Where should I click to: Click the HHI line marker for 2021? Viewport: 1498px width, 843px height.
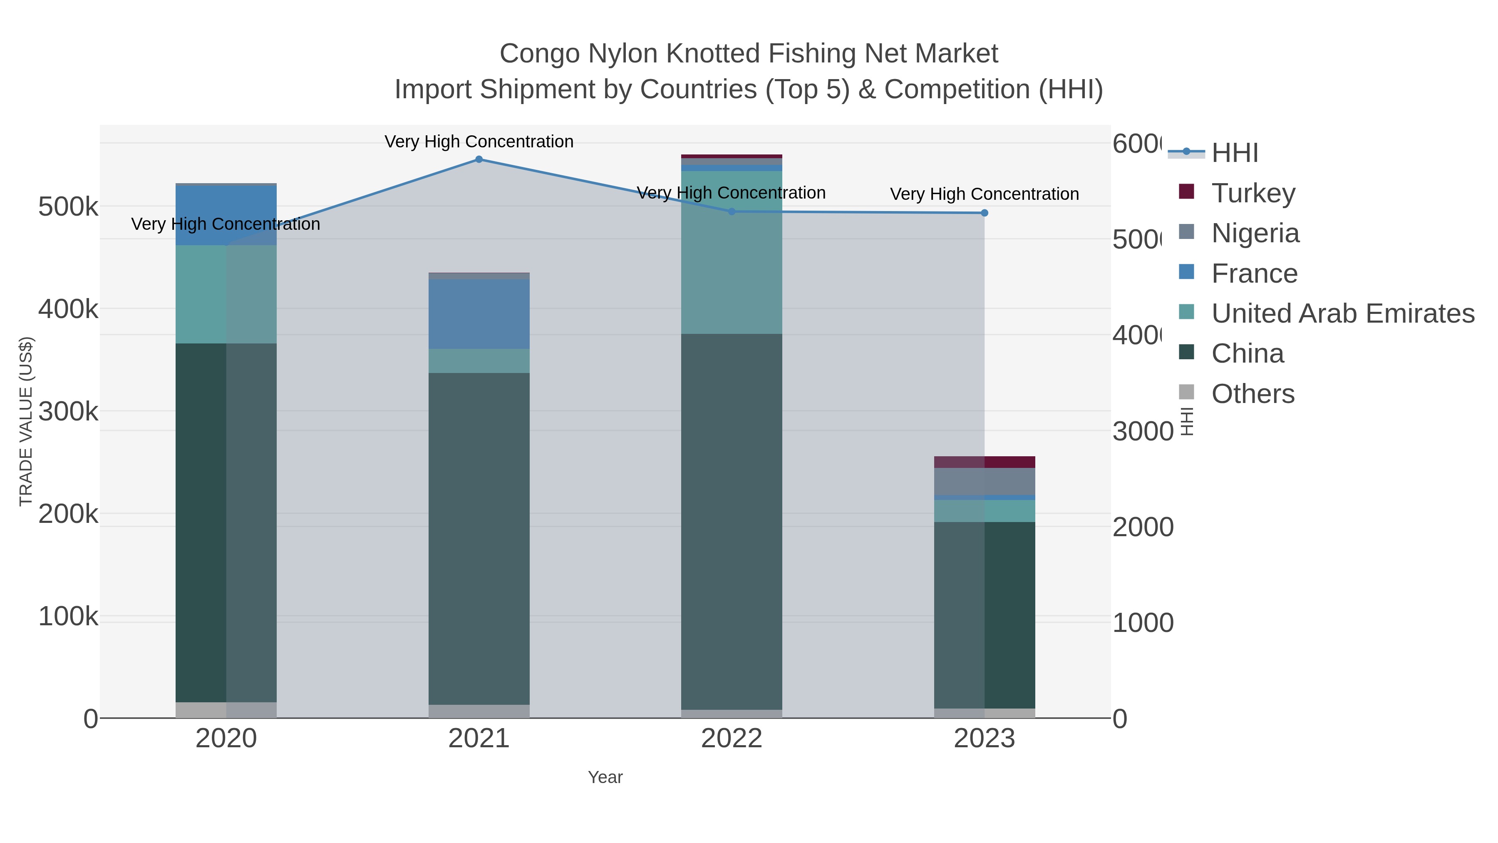[x=479, y=159]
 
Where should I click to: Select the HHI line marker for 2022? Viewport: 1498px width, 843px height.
[x=732, y=212]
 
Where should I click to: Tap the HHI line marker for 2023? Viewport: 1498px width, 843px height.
[x=985, y=213]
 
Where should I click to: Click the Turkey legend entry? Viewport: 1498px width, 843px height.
[x=1253, y=193]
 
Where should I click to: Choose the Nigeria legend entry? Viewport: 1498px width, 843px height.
[x=1255, y=233]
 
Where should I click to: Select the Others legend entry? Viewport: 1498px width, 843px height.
[x=1252, y=393]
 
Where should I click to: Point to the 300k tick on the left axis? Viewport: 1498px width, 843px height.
[x=68, y=411]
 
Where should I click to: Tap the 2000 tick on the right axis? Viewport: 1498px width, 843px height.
[x=1143, y=527]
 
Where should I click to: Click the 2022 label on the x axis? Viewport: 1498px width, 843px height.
[x=732, y=738]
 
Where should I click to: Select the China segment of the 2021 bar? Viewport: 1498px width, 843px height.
[x=479, y=538]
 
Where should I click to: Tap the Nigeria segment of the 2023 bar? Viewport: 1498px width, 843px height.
[x=985, y=481]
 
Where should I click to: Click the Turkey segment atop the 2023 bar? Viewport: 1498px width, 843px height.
[x=985, y=462]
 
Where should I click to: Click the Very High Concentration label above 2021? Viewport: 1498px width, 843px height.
[x=479, y=142]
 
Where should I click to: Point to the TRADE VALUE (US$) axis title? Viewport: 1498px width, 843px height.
[x=25, y=421]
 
